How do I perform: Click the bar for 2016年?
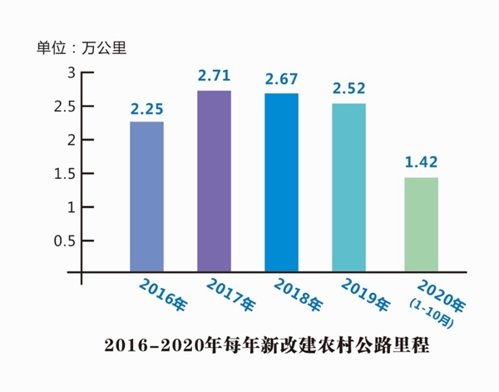147,196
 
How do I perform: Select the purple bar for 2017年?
214,180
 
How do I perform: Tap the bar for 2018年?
281,181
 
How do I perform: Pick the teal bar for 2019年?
348,186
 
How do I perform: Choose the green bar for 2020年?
421,223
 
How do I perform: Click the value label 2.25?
146,108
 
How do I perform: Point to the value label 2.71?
214,77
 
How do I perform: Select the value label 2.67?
281,80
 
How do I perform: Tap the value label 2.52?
348,89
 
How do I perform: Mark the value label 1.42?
421,163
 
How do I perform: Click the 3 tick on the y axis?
71,73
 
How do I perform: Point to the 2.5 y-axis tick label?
63,107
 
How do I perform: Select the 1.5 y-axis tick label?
63,173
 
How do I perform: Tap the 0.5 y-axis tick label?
63,241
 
